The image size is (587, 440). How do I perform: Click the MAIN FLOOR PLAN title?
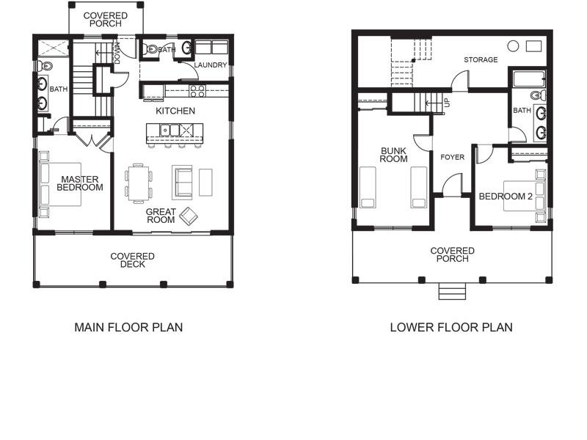point(128,327)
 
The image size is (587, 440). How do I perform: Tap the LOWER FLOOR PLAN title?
point(451,327)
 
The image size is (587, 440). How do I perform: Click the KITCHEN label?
point(175,111)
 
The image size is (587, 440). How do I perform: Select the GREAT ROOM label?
point(161,216)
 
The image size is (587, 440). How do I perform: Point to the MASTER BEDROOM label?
point(80,183)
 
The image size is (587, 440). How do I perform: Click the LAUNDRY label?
point(211,65)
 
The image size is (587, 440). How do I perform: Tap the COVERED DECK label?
point(133,260)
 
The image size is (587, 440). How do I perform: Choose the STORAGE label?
point(481,60)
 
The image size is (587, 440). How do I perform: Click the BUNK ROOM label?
point(393,155)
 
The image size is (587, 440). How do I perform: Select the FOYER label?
point(452,157)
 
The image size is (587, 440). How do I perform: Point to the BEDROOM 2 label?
point(506,197)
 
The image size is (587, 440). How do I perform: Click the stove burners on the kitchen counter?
point(197,91)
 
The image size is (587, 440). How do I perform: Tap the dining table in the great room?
point(138,183)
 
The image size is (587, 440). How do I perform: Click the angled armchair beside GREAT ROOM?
point(189,216)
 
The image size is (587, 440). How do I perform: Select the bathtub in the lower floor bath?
point(529,79)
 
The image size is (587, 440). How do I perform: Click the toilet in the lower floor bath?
point(538,95)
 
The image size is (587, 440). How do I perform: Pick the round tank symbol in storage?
point(513,46)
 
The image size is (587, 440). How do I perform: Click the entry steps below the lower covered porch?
point(452,291)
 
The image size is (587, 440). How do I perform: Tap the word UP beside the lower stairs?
point(448,103)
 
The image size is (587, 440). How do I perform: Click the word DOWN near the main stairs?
point(117,53)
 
